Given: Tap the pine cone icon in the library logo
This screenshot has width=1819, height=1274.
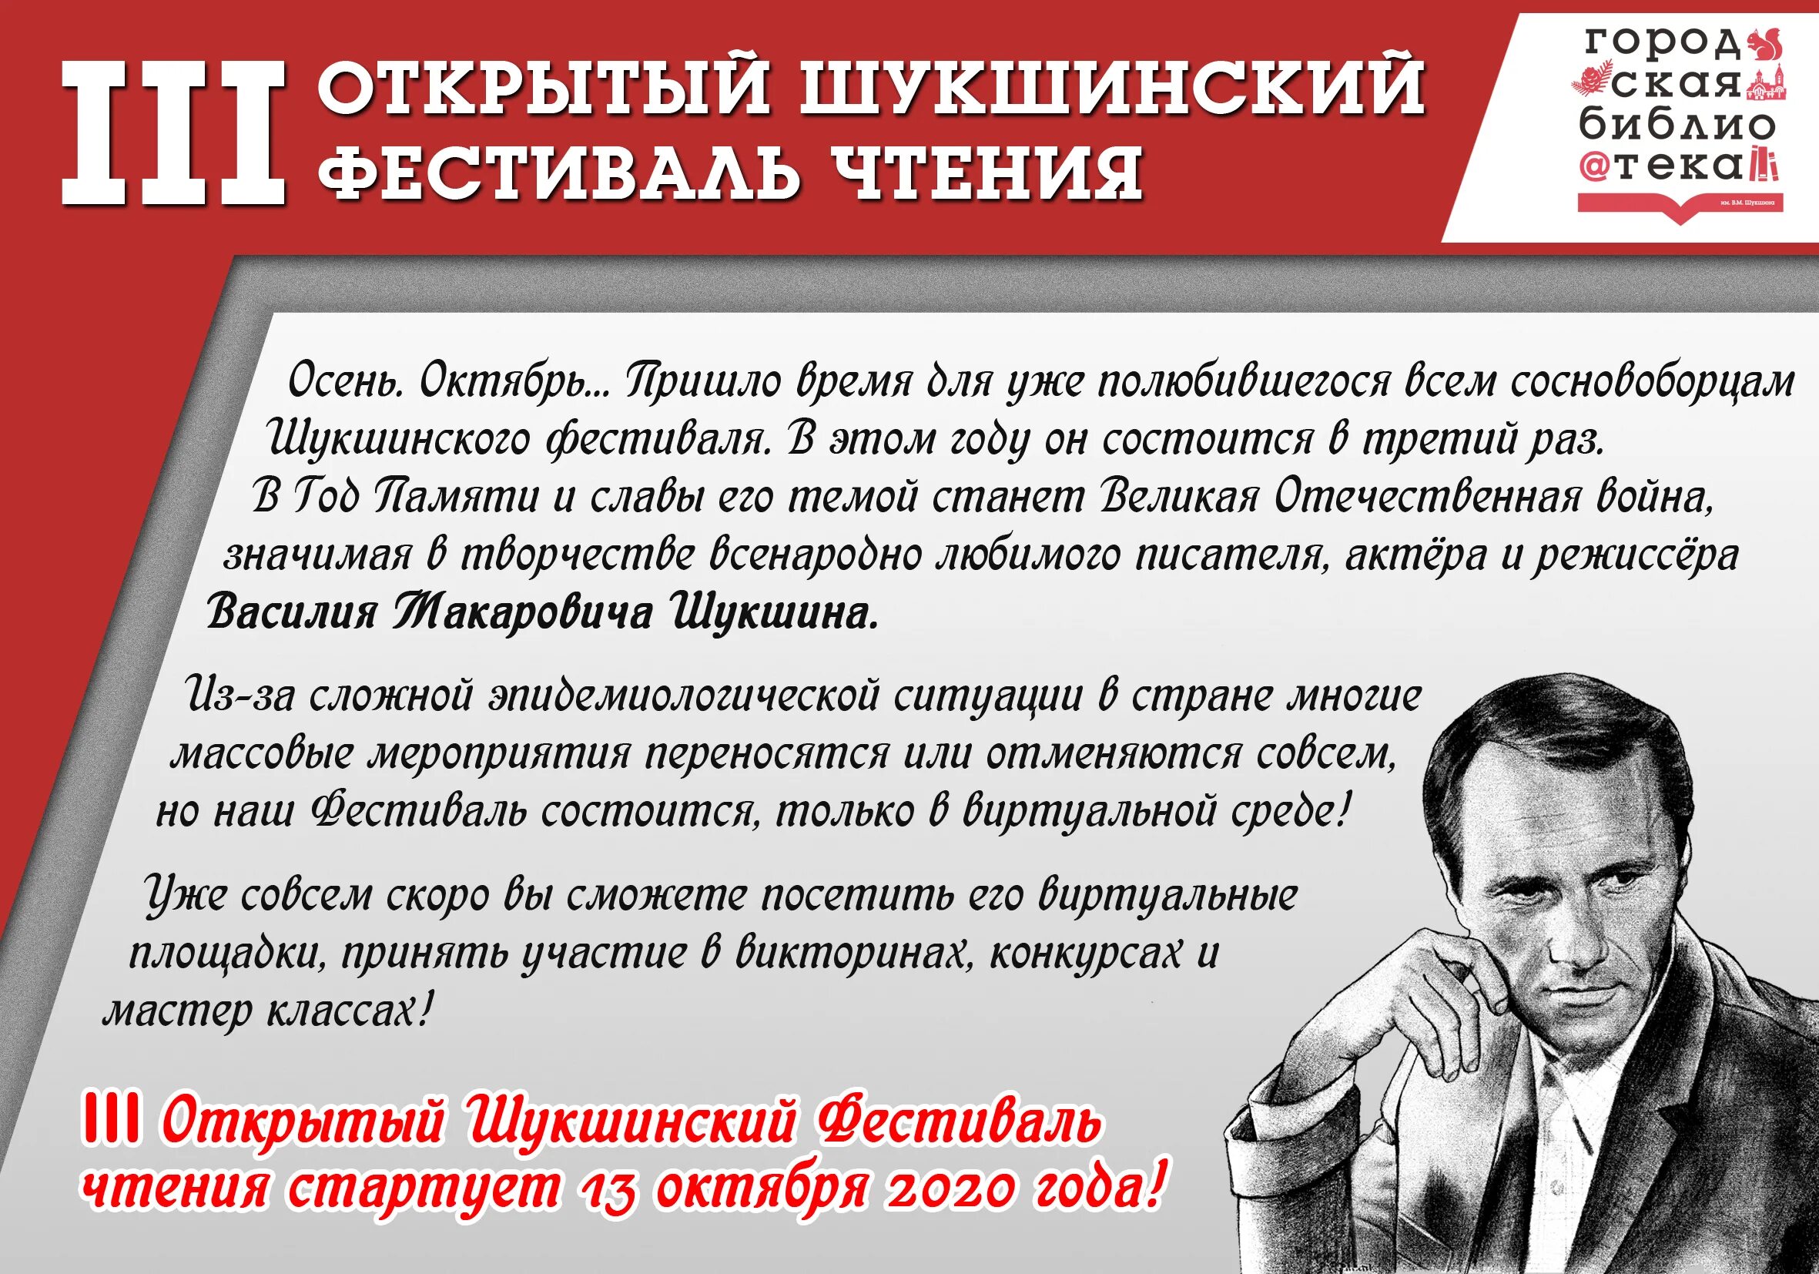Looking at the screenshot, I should [1590, 82].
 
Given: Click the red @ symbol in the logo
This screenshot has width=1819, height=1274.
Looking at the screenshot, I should [1593, 169].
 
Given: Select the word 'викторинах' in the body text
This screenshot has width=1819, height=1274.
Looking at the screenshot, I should [852, 952].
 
